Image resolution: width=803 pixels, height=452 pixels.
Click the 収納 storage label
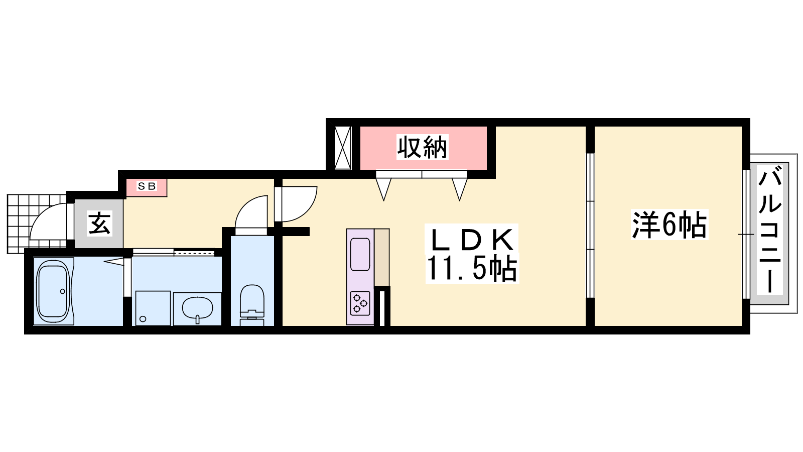point(422,147)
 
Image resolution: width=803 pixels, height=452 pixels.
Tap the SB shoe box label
point(147,186)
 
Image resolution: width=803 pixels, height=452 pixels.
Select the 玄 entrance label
point(99,223)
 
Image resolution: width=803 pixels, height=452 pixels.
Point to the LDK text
point(472,240)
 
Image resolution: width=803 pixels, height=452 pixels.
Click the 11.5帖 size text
point(472,269)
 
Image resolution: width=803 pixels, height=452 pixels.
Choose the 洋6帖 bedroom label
point(670,225)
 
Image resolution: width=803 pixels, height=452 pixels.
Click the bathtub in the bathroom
point(53,291)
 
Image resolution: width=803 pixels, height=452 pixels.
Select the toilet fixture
point(251,305)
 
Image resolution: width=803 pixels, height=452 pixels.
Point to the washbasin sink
point(197,308)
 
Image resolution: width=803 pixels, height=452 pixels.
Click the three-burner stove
point(360,303)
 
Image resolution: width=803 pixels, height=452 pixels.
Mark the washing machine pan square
point(153,308)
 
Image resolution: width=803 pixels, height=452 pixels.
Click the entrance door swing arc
point(43,215)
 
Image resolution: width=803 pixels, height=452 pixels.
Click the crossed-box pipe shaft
point(343,148)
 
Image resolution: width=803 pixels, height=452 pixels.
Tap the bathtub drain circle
point(63,291)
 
